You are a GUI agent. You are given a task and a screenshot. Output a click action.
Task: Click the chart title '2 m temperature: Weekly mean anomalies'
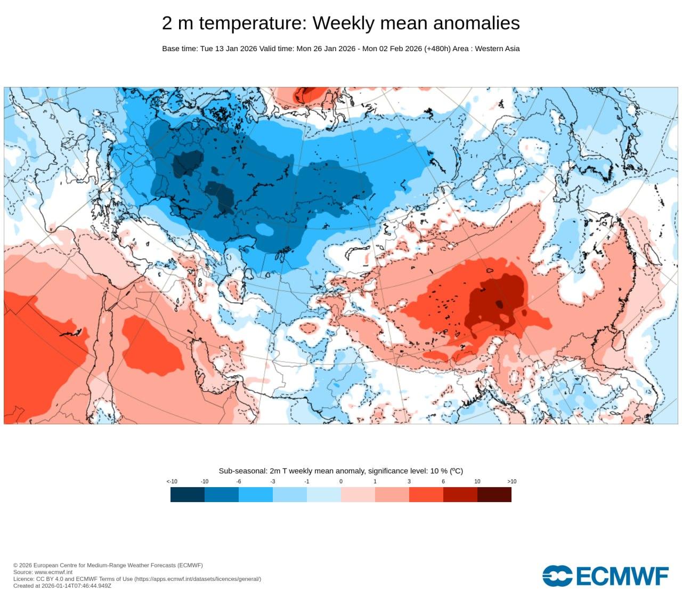pos(340,23)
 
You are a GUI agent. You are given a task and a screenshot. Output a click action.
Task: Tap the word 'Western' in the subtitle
pos(489,49)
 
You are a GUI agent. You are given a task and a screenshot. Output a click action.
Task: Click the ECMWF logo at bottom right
pos(605,576)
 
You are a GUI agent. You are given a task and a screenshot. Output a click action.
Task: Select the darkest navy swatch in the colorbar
pos(188,495)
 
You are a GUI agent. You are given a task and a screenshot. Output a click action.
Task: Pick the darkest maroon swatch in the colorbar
pos(494,495)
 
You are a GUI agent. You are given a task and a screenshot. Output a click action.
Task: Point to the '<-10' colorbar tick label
pos(172,481)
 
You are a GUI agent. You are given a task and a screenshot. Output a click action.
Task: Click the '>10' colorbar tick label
pos(511,481)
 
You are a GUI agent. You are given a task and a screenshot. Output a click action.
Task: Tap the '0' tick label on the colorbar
pos(341,481)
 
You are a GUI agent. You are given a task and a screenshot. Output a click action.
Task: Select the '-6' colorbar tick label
pos(238,481)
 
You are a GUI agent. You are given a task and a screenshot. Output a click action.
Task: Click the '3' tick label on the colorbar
pos(409,481)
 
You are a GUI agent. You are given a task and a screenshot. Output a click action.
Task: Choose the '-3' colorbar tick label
pos(272,481)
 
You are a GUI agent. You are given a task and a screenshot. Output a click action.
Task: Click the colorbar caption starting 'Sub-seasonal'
pos(340,471)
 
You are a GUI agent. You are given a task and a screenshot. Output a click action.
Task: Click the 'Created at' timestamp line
pos(62,586)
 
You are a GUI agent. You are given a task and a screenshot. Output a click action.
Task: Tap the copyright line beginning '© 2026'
pos(108,565)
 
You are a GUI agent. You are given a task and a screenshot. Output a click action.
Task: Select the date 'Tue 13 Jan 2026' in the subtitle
pos(229,49)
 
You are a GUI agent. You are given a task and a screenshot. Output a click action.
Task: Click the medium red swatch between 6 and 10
pos(460,495)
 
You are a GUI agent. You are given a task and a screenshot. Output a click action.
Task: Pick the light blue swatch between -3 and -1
pos(290,495)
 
